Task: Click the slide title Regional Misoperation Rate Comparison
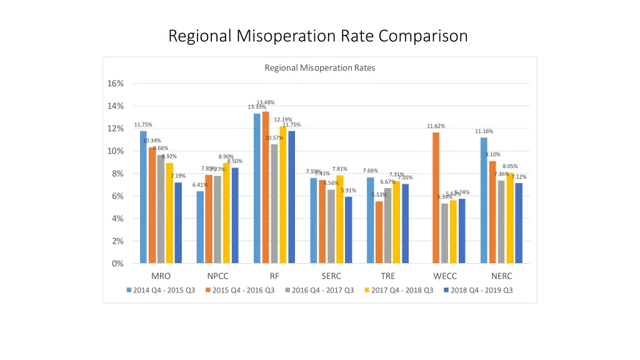coord(318,36)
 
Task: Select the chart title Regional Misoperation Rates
coord(319,68)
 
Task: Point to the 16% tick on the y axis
coord(117,84)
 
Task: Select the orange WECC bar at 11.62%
coord(436,197)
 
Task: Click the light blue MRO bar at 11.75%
coord(143,197)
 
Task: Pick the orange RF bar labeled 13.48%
coord(266,187)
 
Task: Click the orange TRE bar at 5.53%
coord(379,232)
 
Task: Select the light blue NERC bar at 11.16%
coord(484,200)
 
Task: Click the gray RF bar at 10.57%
coord(274,204)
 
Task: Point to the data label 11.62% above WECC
coord(436,126)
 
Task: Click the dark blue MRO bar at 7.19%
coord(178,222)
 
